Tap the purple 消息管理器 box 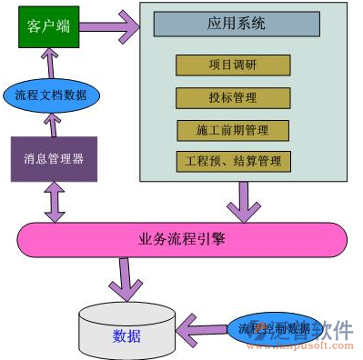pos(53,158)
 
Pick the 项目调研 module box pos(233,65)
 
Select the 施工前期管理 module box pos(233,130)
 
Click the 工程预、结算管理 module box pos(233,162)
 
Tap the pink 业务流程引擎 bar pos(182,240)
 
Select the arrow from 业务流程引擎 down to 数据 pos(125,276)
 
